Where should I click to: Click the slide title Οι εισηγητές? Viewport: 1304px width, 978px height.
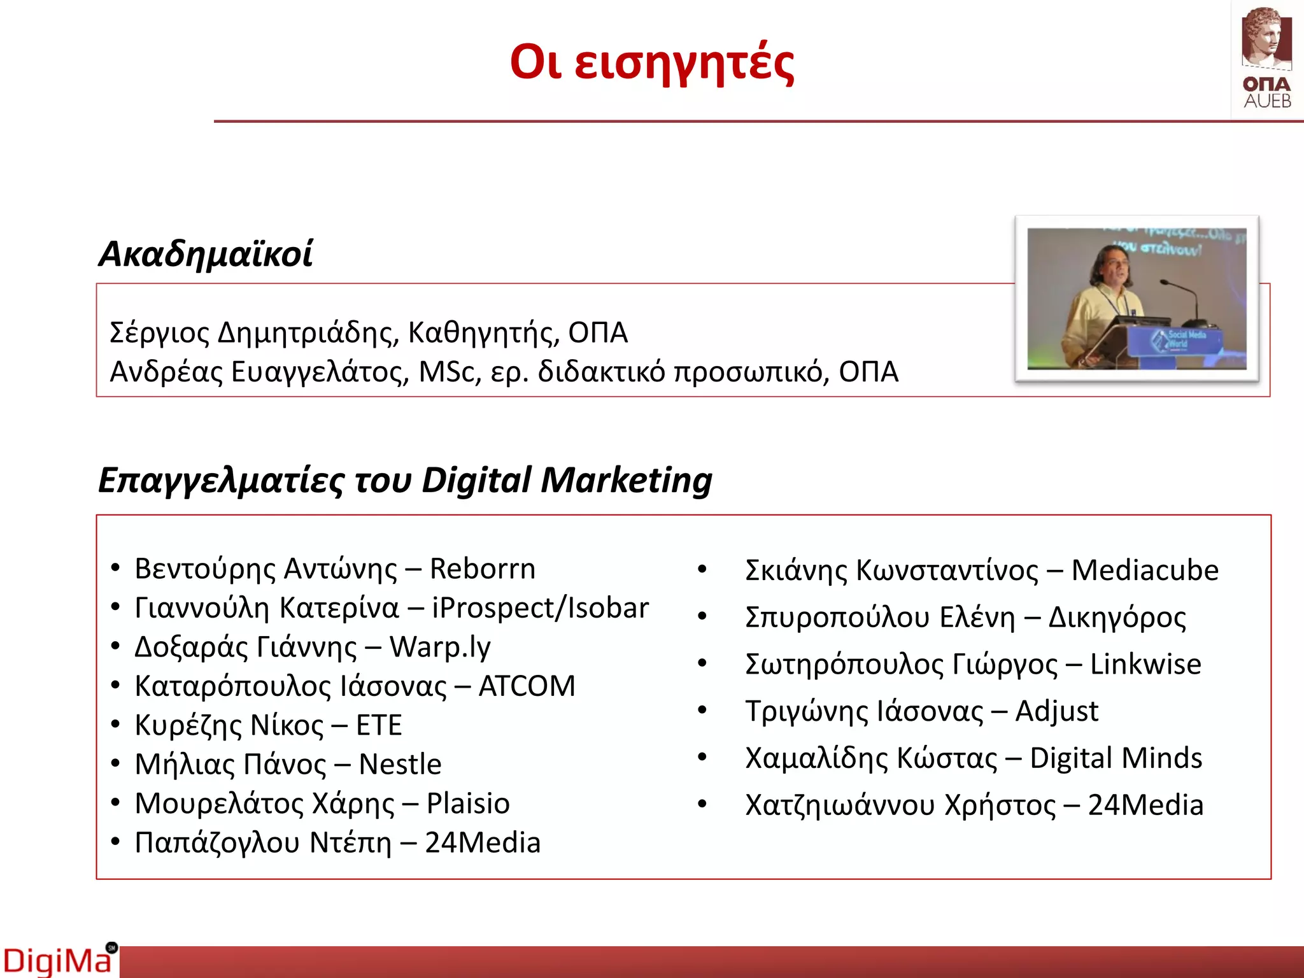click(652, 64)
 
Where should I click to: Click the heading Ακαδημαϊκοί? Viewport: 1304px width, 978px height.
click(205, 254)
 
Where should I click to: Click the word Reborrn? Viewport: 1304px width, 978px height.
click(483, 569)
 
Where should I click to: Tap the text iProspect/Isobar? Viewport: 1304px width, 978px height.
click(540, 608)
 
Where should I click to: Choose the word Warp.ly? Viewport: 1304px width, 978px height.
click(440, 648)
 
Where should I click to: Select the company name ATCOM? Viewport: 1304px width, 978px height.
click(527, 686)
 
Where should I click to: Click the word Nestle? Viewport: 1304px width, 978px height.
click(400, 765)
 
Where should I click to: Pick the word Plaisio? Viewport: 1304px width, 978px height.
click(468, 804)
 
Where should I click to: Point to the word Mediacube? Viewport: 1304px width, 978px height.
click(1145, 570)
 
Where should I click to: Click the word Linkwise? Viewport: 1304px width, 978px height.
click(1145, 664)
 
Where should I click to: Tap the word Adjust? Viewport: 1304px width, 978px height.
click(1057, 711)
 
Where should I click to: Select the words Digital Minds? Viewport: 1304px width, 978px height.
click(1116, 758)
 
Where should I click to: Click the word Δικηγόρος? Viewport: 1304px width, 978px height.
click(1117, 618)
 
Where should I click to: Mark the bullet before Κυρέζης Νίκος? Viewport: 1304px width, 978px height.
click(115, 725)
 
